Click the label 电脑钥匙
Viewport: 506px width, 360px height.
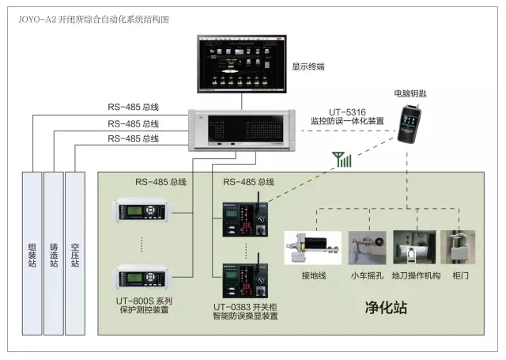coord(410,93)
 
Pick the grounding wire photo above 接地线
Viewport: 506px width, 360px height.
coord(312,247)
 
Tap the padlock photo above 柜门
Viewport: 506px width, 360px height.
coord(458,247)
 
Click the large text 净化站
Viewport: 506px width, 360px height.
coord(385,307)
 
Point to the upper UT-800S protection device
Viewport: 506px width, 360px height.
coord(143,214)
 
